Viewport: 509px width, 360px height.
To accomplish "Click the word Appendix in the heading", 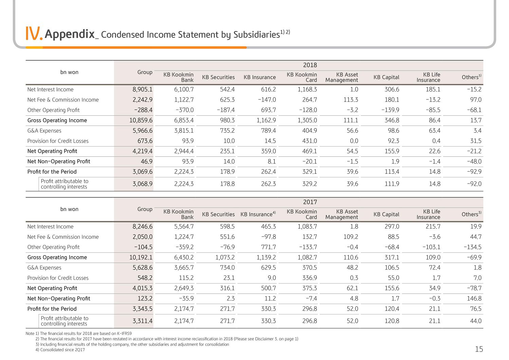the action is point(70,34).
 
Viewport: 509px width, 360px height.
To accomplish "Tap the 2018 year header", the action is point(310,65).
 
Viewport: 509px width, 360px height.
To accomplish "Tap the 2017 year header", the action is point(310,202).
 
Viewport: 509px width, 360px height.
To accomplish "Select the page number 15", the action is point(479,349).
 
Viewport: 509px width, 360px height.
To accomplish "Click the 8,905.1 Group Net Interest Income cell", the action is point(143,90).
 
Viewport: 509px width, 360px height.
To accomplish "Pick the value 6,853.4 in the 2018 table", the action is point(184,120).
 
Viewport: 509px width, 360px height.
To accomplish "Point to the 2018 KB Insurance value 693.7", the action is point(268,110).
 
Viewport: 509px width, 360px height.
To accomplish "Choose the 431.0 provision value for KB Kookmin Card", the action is point(309,141).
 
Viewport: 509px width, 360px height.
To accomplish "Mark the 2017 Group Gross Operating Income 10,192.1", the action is point(141,257).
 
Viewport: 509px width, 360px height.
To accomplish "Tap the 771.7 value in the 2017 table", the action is point(268,247).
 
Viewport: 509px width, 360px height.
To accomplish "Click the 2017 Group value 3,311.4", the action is point(143,321).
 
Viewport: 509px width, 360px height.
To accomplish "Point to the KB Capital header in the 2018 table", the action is point(386,77).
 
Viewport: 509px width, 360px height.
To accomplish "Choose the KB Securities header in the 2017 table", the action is point(219,214).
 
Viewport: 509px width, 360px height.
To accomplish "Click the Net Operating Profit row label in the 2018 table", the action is point(52,151).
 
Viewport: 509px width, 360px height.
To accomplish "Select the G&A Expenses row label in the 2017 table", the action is point(44,268).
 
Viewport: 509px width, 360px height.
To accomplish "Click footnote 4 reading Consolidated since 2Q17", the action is point(60,350).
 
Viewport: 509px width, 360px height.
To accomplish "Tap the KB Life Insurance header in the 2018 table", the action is point(428,77).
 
